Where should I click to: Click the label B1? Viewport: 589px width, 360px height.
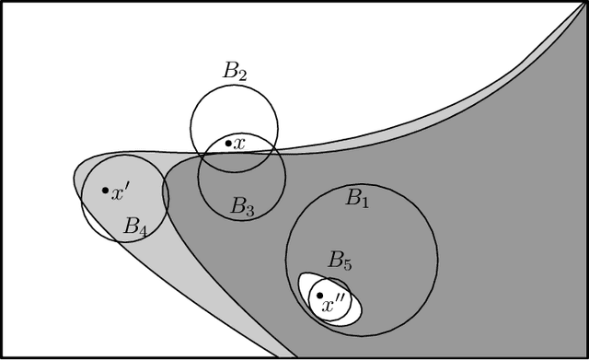(x=356, y=197)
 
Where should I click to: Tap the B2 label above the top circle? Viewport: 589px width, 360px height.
(x=235, y=71)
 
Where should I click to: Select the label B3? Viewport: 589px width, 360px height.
(x=242, y=207)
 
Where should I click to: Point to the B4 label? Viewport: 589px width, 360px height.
(x=135, y=226)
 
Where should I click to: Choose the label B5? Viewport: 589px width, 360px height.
(x=340, y=261)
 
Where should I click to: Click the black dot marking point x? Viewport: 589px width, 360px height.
(x=228, y=143)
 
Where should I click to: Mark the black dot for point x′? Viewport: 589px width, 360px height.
(x=104, y=191)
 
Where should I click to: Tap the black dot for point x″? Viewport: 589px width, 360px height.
(x=319, y=296)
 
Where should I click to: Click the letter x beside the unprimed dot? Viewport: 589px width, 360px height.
(x=239, y=144)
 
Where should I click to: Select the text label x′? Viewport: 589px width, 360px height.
(x=120, y=192)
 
